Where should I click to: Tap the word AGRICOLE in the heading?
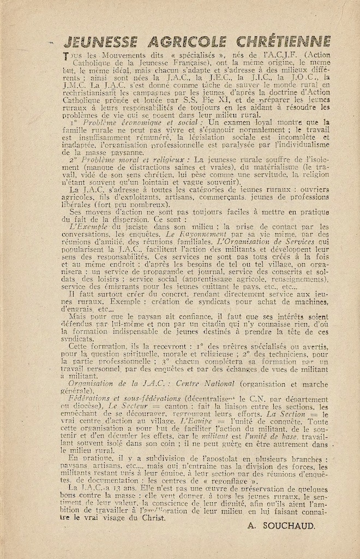pyautogui.click(x=197, y=42)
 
